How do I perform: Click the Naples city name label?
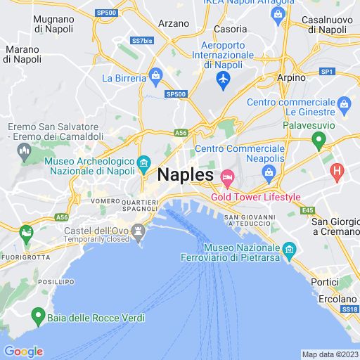(x=186, y=174)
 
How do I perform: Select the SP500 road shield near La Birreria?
(x=176, y=94)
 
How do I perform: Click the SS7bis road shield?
(x=143, y=40)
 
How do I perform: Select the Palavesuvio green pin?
(x=319, y=141)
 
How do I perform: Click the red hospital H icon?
(x=337, y=169)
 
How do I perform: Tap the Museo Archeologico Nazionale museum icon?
(x=143, y=162)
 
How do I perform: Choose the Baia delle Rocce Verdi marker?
(x=37, y=317)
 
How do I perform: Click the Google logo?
(x=23, y=352)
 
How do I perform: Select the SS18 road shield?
(x=349, y=309)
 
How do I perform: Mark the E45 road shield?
(x=307, y=210)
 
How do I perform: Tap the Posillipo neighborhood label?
(x=57, y=281)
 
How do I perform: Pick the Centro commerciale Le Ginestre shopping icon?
(x=344, y=106)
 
